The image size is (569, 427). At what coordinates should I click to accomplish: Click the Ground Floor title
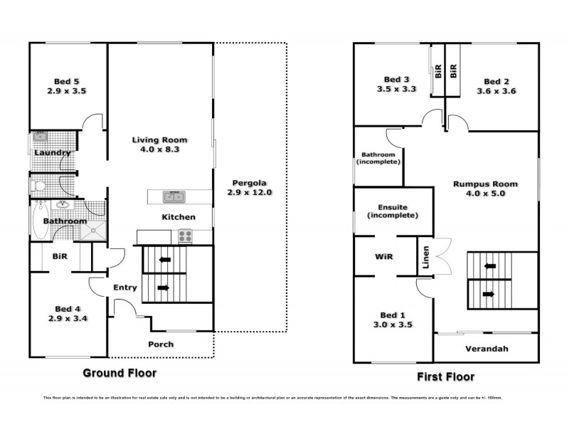[x=119, y=372]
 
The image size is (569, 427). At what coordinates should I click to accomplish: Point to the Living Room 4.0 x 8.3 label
[x=158, y=145]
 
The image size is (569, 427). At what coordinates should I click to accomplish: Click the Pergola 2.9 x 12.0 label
[x=250, y=187]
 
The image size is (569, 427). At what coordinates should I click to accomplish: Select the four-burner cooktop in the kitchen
[x=186, y=236]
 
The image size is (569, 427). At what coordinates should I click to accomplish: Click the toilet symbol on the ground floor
[x=40, y=186]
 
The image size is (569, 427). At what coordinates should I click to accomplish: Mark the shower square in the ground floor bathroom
[x=92, y=228]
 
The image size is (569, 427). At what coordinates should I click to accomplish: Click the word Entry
[x=125, y=288]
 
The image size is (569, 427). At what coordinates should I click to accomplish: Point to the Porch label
[x=160, y=344]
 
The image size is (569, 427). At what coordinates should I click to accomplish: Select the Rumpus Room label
[x=485, y=189]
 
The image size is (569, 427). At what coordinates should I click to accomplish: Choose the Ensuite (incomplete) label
[x=388, y=210]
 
